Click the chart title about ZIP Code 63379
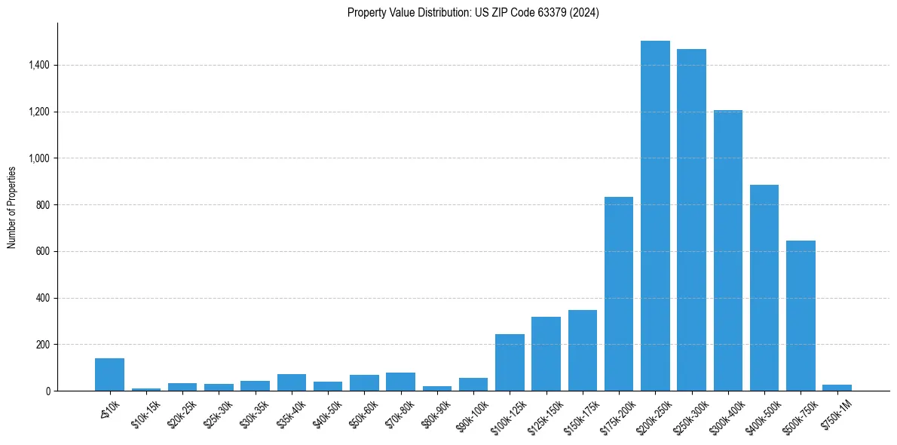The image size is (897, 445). [473, 13]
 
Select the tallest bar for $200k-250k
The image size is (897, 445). [655, 216]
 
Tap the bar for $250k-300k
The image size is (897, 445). [691, 220]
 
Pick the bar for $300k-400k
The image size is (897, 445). [728, 250]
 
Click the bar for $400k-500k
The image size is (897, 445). [764, 288]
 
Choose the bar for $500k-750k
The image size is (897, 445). [801, 316]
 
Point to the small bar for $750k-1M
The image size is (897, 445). [837, 388]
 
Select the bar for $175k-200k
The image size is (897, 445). [619, 294]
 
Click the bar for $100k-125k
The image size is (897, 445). [510, 363]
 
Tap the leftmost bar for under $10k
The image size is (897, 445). [109, 375]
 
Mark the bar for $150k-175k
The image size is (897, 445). [583, 351]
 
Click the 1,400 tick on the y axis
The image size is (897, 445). [38, 66]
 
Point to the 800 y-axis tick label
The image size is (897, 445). [42, 205]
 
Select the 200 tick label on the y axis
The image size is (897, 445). [42, 345]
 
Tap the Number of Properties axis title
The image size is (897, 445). [12, 207]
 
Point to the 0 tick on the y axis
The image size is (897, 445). [47, 391]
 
